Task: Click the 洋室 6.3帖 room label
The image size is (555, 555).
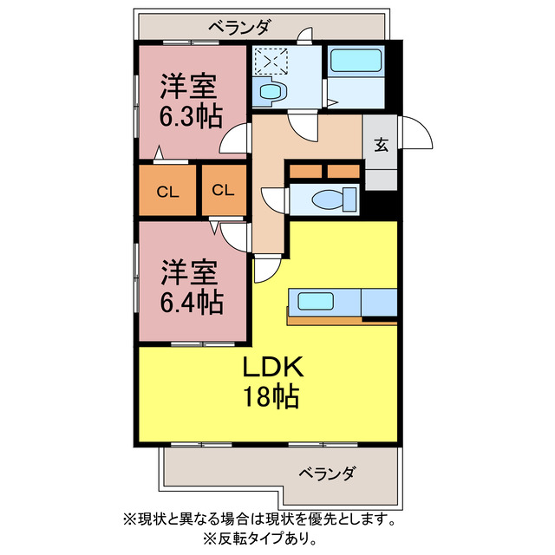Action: point(192,101)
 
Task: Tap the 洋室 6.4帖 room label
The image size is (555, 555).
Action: point(192,287)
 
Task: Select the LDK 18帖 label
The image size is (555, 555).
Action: point(272,382)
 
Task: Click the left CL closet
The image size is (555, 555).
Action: point(167,190)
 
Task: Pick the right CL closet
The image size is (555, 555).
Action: point(224,190)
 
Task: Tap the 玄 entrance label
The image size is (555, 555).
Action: point(381,145)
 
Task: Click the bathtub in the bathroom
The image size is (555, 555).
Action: point(356,60)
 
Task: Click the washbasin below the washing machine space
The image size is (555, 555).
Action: point(271,91)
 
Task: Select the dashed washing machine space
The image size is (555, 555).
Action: point(271,62)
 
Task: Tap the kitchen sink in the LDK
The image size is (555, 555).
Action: point(316,301)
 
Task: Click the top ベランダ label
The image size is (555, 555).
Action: point(240,27)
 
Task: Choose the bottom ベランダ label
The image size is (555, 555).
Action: point(326,473)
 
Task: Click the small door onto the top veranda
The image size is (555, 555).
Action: point(304,35)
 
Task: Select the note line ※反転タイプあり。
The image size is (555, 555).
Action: point(260,539)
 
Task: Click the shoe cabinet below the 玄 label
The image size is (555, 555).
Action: point(381,180)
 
